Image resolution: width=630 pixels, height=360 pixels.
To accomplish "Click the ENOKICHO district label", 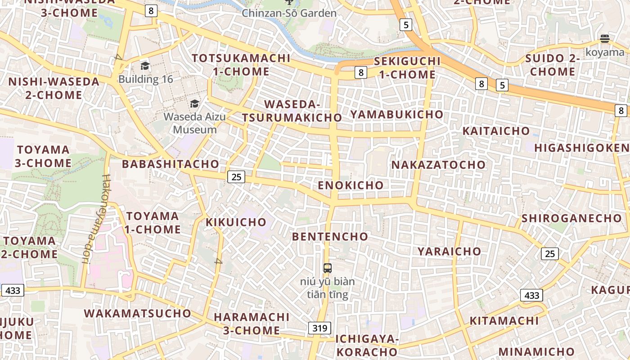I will click(351, 185).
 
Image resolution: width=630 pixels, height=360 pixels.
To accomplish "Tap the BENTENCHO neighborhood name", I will click(330, 236).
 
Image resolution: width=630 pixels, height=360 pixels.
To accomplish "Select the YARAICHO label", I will click(449, 251).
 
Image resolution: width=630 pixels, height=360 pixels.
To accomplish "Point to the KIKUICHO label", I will click(236, 222).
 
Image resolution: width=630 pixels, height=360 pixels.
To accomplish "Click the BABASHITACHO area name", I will click(171, 164).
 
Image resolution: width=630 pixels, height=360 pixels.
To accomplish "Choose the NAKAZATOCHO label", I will click(438, 165).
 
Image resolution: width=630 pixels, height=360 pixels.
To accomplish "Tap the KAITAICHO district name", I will click(496, 131).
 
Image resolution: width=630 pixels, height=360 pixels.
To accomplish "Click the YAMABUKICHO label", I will click(396, 114).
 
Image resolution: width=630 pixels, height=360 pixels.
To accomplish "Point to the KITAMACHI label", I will click(504, 321).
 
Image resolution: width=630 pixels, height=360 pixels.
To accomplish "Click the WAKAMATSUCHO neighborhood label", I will click(137, 313).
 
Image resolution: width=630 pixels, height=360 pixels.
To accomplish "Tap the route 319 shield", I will click(319, 328).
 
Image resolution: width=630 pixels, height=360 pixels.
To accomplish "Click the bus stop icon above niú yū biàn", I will click(328, 268).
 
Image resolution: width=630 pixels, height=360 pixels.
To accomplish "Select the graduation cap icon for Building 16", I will click(145, 67).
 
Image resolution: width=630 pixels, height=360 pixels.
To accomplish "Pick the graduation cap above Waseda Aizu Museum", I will click(194, 104).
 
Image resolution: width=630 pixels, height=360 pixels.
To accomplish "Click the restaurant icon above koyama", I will click(604, 39).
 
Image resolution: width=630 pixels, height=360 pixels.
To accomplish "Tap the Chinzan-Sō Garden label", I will click(289, 13).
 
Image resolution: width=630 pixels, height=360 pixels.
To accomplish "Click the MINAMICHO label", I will click(536, 351).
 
